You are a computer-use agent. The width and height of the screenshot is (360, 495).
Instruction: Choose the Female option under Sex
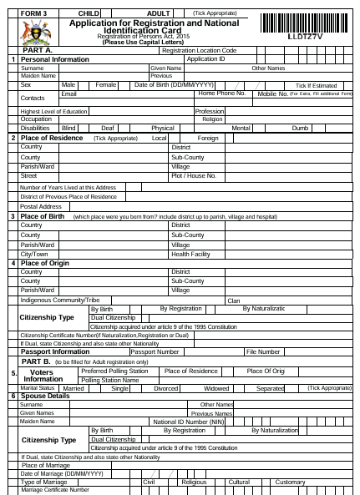pyautogui.click(x=106, y=85)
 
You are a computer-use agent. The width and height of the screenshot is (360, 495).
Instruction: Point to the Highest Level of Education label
pyautogui.click(x=53, y=111)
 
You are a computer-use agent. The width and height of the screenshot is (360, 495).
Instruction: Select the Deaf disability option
pyautogui.click(x=108, y=128)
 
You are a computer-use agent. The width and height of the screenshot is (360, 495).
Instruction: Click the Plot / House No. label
pyautogui.click(x=194, y=176)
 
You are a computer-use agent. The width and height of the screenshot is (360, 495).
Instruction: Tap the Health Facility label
pyautogui.click(x=190, y=254)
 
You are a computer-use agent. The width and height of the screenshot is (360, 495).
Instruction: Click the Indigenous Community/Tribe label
pyautogui.click(x=60, y=300)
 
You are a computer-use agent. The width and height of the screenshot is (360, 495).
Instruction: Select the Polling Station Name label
pyautogui.click(x=109, y=380)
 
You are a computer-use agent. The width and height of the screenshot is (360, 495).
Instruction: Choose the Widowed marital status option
pyautogui.click(x=217, y=388)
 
